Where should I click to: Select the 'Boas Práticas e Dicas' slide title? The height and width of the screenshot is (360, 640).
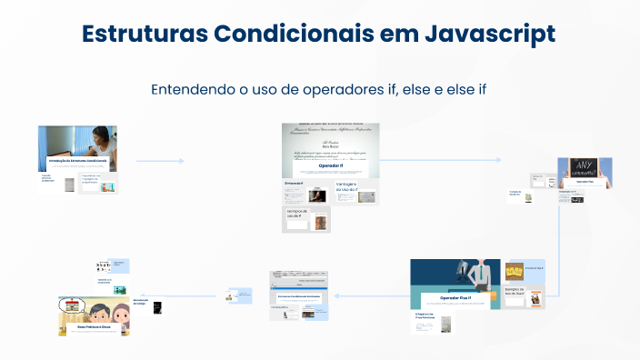point(94,325)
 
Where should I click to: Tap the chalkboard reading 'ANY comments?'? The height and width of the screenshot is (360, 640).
point(584,165)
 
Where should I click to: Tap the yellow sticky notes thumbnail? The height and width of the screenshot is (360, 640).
point(514,271)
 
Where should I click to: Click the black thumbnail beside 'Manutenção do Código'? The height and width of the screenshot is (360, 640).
point(157,308)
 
